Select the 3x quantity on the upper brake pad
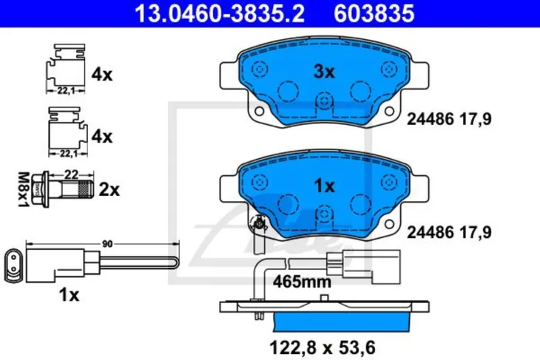[324, 72]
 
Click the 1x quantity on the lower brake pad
[324, 186]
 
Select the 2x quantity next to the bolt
[109, 190]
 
